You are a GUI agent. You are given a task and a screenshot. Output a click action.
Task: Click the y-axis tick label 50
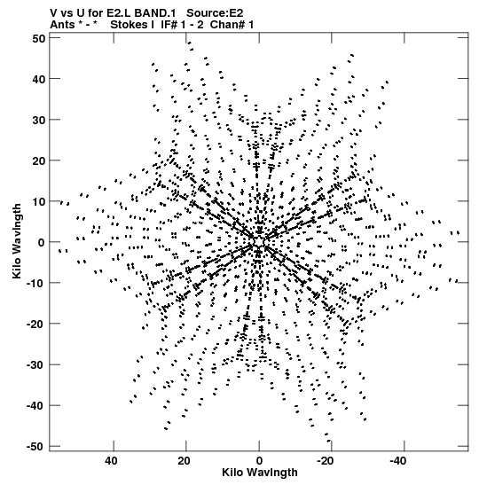pyautogui.click(x=39, y=38)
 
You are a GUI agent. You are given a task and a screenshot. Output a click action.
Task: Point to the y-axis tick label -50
pyautogui.click(x=36, y=446)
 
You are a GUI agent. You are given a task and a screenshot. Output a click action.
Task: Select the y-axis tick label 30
pyautogui.click(x=39, y=120)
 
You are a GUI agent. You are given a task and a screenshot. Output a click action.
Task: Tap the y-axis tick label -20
pyautogui.click(x=36, y=324)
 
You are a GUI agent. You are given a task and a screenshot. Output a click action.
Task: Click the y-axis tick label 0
pyautogui.click(x=42, y=243)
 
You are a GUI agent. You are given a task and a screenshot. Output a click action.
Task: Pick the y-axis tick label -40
pyautogui.click(x=36, y=405)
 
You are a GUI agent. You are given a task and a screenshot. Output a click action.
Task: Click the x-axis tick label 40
pyautogui.click(x=111, y=461)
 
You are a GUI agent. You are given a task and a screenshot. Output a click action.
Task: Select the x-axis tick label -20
pyautogui.click(x=326, y=461)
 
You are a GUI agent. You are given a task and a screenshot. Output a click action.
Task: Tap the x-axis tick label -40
pyautogui.click(x=398, y=461)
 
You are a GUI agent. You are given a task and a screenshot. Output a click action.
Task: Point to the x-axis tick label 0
pyautogui.click(x=259, y=461)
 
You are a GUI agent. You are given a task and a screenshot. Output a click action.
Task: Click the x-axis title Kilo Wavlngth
pyautogui.click(x=260, y=473)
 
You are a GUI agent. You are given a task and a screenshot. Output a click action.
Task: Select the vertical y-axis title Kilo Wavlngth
pyautogui.click(x=17, y=241)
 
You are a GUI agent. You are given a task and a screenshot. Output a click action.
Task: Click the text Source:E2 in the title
pyautogui.click(x=215, y=13)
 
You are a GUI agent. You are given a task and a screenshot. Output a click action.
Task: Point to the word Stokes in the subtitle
pyautogui.click(x=129, y=25)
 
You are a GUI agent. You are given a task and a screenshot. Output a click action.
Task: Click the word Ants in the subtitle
pyautogui.click(x=62, y=25)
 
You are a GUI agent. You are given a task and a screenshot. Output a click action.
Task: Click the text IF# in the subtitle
pyautogui.click(x=169, y=25)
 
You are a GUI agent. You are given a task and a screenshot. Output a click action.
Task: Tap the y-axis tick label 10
pyautogui.click(x=39, y=201)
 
